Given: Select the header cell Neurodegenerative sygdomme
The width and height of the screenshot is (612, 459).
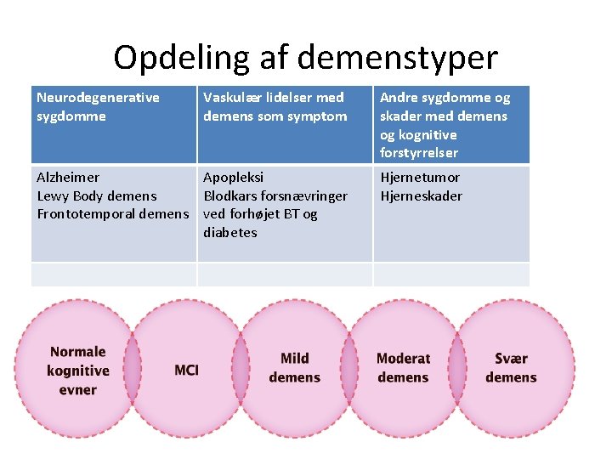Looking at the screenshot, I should [98, 107].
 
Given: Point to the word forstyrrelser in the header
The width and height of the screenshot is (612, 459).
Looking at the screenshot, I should [419, 153].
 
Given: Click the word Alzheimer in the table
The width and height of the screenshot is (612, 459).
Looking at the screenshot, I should [68, 178].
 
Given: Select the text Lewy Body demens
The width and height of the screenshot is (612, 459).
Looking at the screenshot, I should [96, 196].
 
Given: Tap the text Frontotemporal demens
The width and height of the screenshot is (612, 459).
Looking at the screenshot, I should [111, 214].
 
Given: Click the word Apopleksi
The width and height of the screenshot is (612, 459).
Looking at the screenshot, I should [234, 178].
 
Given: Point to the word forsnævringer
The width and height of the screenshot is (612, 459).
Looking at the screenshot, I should [303, 196].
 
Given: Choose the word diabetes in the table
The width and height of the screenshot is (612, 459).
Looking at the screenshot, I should [229, 233].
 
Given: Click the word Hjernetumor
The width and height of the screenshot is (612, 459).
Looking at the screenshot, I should [420, 178].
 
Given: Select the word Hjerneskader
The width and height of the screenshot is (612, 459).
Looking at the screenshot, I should [422, 196].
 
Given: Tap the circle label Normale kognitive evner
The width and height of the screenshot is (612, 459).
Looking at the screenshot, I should [78, 371].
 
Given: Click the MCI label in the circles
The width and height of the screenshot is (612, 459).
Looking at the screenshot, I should [186, 371].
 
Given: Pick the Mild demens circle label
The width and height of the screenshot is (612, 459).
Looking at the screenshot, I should [294, 368].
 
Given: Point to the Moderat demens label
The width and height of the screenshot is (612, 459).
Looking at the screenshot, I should [403, 368].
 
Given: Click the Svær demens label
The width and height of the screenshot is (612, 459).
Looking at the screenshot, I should [511, 368].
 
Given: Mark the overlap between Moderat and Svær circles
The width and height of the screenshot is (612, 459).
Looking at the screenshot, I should [458, 371].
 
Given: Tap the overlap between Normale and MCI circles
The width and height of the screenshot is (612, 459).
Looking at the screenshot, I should [132, 371].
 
